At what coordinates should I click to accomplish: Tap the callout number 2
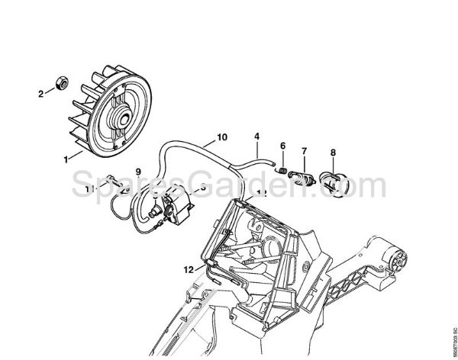coord(40,95)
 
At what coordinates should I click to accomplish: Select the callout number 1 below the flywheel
coord(67,158)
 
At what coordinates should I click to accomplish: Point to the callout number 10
coord(221,137)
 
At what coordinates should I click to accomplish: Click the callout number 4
coord(257,137)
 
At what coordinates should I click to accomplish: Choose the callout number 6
coord(282,146)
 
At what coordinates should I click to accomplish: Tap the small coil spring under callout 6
coord(282,171)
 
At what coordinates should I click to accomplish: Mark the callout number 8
coord(332,153)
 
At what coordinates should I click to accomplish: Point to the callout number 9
coord(138,171)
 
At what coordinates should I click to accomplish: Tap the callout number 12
coord(188,268)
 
